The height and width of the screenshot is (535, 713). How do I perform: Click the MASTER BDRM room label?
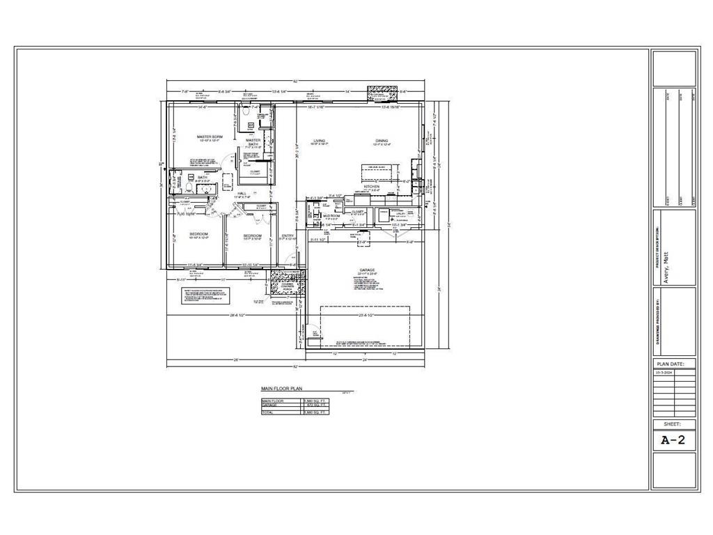[209, 137]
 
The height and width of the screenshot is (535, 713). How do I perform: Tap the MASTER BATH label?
[253, 142]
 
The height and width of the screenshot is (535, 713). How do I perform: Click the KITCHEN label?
[371, 187]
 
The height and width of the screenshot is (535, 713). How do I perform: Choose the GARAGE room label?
[367, 270]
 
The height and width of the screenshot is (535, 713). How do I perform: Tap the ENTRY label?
[288, 235]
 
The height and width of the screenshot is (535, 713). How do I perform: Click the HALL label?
[242, 194]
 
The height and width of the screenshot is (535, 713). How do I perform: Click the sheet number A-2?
[673, 440]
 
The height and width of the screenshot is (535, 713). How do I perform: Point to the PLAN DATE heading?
[674, 364]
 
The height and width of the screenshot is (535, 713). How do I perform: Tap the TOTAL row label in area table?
[267, 412]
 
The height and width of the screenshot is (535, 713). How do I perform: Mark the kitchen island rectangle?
[377, 169]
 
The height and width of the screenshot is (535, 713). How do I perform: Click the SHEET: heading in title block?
[674, 424]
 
